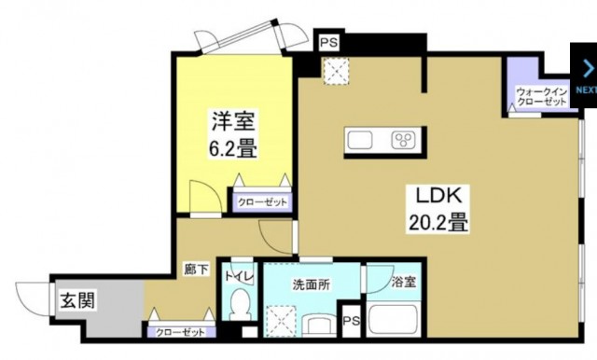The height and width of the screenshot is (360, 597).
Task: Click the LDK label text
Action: pos(435,197)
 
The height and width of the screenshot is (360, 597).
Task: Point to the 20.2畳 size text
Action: pos(436,224)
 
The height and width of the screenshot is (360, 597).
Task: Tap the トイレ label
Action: pos(240,277)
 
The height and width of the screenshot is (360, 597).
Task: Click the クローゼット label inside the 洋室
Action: pos(262,201)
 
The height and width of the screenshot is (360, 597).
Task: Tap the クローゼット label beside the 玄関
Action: pos(179,331)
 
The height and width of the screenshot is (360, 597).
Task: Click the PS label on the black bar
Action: pos(328,43)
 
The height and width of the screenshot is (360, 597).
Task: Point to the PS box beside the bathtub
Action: pos(351,321)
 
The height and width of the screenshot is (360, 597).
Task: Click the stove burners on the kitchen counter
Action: pos(404,141)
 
